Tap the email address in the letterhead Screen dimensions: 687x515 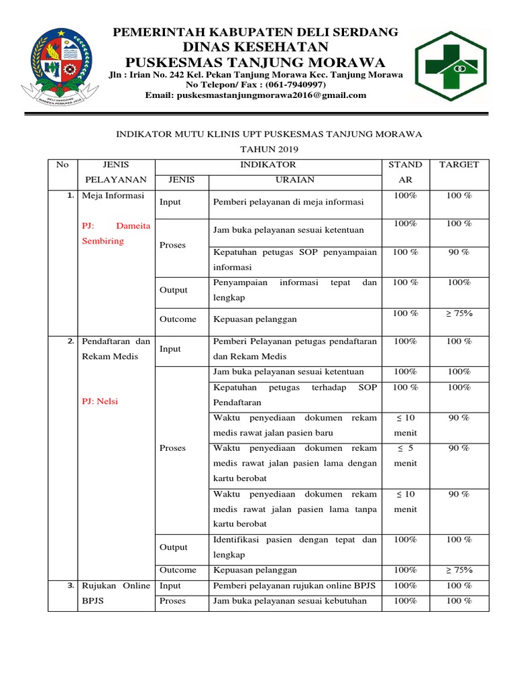(x=256, y=95)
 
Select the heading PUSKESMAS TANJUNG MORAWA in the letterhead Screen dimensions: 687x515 (x=256, y=62)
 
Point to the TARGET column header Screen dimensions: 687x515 (x=459, y=164)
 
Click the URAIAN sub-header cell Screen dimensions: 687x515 (x=295, y=180)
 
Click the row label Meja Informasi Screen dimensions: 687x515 (x=113, y=195)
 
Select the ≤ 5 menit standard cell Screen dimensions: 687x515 (x=406, y=456)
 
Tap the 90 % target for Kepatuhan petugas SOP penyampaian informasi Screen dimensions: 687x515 (x=459, y=252)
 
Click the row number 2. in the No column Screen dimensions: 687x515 (x=70, y=341)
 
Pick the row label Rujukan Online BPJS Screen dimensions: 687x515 (x=115, y=593)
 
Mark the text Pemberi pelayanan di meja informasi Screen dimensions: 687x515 (x=288, y=202)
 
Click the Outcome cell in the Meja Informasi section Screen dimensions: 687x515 (x=178, y=319)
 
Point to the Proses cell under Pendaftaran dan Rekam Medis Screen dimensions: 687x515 (x=172, y=448)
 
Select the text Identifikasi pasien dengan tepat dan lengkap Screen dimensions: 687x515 (x=294, y=547)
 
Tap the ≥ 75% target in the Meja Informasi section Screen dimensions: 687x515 (x=459, y=313)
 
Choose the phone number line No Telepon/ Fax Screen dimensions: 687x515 (x=256, y=85)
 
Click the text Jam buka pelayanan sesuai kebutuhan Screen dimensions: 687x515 (x=290, y=601)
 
